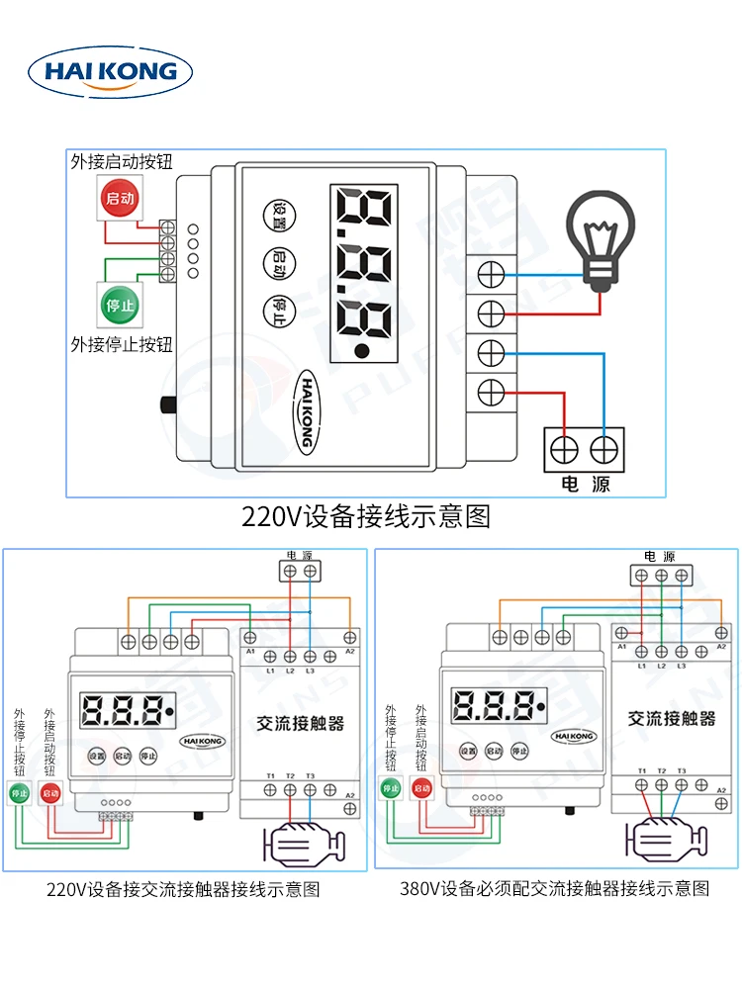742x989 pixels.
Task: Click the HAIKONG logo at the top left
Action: click(110, 71)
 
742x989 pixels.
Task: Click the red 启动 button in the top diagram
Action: click(120, 198)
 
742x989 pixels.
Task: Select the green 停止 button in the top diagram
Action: click(120, 305)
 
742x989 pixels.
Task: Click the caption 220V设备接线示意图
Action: click(366, 516)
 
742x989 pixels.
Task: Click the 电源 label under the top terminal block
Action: click(586, 484)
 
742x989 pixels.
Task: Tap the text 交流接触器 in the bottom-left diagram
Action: click(301, 724)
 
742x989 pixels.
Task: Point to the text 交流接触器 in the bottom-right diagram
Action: click(672, 719)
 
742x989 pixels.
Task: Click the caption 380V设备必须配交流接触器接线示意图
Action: click(554, 889)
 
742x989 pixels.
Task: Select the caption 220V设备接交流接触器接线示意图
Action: click(184, 889)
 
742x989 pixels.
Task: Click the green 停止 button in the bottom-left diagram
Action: click(19, 792)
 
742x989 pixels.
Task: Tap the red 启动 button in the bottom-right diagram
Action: click(422, 788)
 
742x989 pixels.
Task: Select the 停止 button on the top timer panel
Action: click(278, 310)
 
